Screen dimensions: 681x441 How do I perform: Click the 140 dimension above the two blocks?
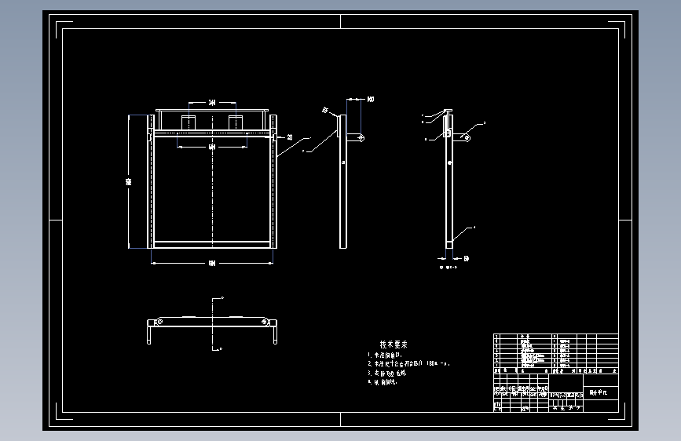[x=212, y=103]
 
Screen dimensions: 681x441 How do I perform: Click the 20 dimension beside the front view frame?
[x=289, y=137]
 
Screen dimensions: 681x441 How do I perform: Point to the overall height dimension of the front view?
[x=130, y=181]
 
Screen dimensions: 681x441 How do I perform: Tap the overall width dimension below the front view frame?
[x=212, y=263]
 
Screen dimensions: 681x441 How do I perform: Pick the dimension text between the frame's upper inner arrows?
[x=212, y=147]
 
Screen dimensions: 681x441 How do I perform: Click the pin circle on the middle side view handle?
[x=361, y=138]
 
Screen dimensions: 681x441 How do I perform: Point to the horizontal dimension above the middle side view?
[x=370, y=100]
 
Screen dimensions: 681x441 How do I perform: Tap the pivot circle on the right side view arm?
[x=467, y=138]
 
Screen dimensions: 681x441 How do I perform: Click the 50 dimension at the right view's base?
[x=466, y=257]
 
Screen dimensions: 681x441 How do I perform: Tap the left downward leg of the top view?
[x=149, y=334]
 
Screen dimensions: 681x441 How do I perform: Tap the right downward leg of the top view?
[x=276, y=334]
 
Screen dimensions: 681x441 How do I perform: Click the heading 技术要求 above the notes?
[x=394, y=344]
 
